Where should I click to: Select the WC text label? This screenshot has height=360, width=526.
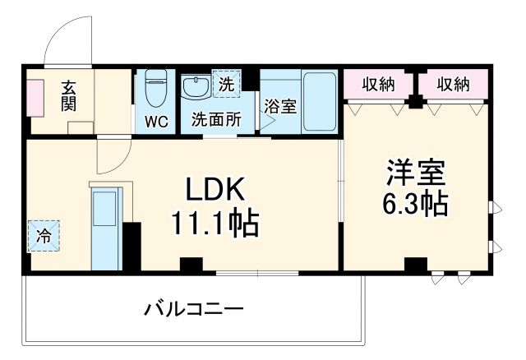pos(156,122)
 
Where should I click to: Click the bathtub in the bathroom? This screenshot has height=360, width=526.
pos(320,102)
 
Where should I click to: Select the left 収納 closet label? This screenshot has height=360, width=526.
pos(380,84)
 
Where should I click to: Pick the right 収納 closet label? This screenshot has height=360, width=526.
pos(453,84)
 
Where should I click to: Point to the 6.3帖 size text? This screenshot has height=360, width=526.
pos(417,203)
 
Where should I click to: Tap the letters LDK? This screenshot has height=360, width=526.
pos(214,190)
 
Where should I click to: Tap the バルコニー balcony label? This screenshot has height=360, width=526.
pos(194,310)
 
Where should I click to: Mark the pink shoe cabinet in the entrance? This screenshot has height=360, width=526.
pos(35,97)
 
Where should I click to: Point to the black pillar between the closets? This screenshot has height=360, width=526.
pos(416,104)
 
